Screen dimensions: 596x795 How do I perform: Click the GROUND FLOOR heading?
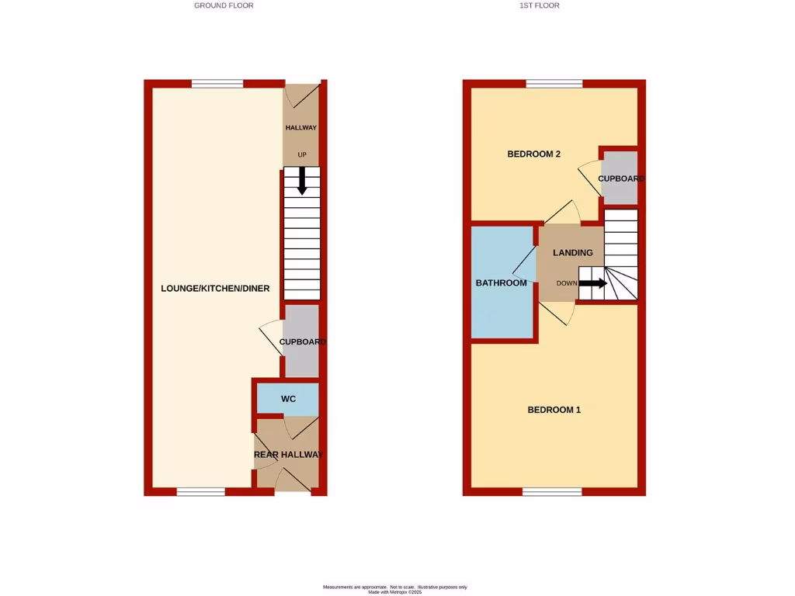224,5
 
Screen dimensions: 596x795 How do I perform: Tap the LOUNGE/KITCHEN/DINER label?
215,289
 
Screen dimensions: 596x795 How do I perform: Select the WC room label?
288,400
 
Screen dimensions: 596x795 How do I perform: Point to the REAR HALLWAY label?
288,455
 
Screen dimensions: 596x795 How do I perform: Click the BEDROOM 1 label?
554,410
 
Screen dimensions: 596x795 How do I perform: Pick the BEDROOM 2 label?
534,154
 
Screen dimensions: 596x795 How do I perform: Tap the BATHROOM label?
502,283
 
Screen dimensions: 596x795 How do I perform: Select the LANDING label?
573,253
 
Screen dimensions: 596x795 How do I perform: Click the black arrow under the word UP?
302,181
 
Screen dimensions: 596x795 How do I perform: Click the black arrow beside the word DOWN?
593,283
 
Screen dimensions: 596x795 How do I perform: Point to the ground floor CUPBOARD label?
302,342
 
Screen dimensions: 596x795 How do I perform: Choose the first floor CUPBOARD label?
621,179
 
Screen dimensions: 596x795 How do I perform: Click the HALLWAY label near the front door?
301,128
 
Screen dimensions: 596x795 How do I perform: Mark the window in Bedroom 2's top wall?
554,84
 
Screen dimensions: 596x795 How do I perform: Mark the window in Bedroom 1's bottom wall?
552,491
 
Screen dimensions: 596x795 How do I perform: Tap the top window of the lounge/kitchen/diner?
217,84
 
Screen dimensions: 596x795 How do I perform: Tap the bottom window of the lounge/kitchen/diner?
200,491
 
